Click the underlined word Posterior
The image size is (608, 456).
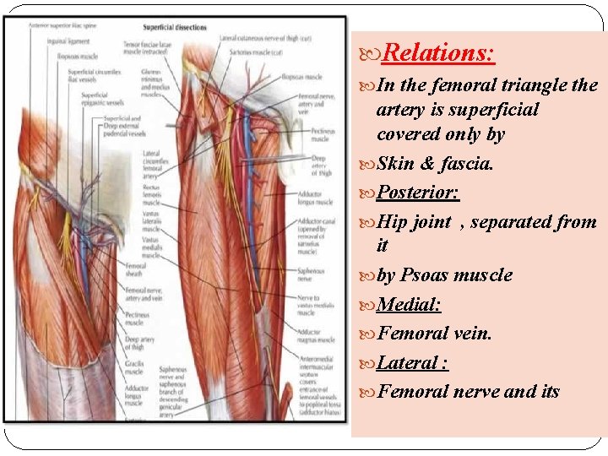[x=417, y=193]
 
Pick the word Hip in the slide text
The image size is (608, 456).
[x=392, y=222]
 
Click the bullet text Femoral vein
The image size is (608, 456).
[x=434, y=334]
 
